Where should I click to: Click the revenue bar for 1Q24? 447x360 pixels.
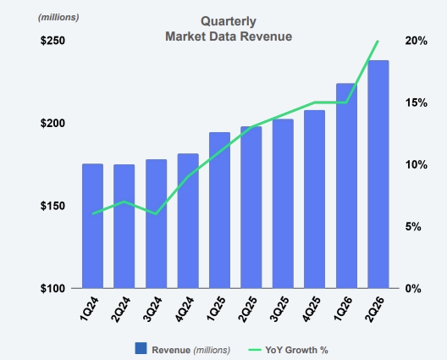click(x=92, y=226)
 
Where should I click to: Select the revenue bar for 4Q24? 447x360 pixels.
click(x=188, y=221)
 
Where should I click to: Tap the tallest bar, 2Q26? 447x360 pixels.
click(x=378, y=174)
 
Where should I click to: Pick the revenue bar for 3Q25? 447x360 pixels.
click(x=283, y=203)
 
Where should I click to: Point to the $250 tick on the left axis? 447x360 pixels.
click(x=52, y=41)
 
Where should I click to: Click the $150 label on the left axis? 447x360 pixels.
click(x=52, y=206)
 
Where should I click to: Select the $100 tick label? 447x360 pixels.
click(x=52, y=288)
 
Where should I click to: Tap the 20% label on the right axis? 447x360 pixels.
click(x=417, y=41)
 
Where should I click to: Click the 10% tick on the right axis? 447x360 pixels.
click(x=417, y=164)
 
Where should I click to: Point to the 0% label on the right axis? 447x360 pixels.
click(x=413, y=288)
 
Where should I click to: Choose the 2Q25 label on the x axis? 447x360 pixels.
click(x=247, y=309)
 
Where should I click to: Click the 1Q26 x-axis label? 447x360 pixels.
click(x=343, y=308)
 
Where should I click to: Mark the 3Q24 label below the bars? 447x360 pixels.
click(x=152, y=309)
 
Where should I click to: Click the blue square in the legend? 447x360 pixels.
click(x=141, y=348)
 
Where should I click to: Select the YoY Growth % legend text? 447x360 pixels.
click(x=296, y=350)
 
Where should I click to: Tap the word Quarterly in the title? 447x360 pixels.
click(x=229, y=21)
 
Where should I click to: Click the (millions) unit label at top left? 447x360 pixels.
click(x=58, y=18)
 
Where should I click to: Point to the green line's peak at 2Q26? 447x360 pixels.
click(x=378, y=41)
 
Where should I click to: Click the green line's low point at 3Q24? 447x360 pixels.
click(x=156, y=214)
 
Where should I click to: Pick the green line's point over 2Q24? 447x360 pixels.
click(x=124, y=202)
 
